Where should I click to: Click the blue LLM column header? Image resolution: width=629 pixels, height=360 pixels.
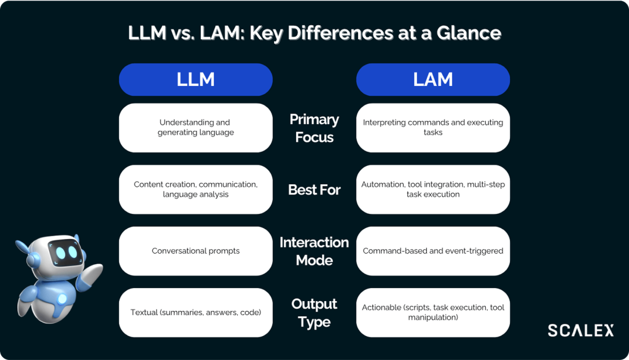(195, 79)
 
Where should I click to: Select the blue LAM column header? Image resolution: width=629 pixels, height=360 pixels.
(433, 79)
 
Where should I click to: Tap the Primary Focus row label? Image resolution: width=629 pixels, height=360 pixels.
(314, 128)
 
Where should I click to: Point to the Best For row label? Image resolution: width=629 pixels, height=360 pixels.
(314, 190)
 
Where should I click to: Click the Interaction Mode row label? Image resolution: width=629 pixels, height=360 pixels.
(314, 251)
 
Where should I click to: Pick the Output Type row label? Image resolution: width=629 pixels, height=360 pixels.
(314, 313)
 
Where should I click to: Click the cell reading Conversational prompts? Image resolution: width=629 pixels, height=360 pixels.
(195, 251)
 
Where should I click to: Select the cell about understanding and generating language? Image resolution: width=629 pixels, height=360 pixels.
(195, 127)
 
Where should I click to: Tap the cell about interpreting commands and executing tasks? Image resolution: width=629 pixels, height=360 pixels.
(433, 127)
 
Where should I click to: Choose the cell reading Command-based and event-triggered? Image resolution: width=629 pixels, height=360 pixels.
(433, 251)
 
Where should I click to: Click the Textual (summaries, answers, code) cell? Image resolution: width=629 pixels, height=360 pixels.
(195, 312)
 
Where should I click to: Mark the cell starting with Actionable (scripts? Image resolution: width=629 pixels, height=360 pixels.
(433, 312)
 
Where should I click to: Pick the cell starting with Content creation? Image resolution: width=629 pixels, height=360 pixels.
(195, 189)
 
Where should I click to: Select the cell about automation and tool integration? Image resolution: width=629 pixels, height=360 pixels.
(433, 189)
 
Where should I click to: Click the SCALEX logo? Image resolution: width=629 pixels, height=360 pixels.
(580, 331)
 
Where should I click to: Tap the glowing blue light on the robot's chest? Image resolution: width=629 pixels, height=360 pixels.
(62, 299)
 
